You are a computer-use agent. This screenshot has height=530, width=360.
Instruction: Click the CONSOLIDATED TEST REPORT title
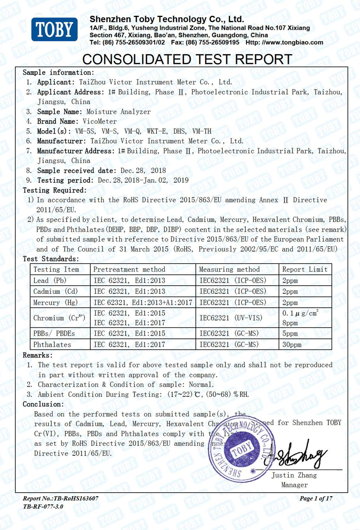coord(188,59)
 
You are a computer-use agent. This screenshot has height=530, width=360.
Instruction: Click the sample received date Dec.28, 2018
coord(144,171)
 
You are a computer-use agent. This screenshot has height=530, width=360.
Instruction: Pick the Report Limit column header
coord(305,269)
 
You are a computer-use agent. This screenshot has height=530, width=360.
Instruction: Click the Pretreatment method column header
coord(129,269)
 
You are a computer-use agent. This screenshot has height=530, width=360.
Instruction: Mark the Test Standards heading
coord(51,259)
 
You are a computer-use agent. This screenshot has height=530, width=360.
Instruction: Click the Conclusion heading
coord(43,404)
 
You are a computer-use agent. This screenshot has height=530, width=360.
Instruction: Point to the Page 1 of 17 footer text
coord(316,498)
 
